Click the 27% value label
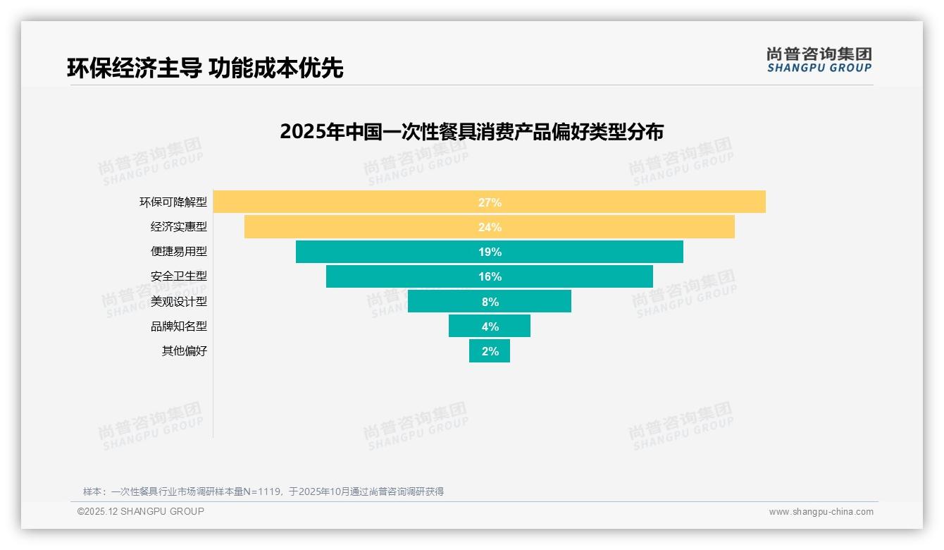490,202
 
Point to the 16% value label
490,276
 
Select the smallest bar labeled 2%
490,351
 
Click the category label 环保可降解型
173,202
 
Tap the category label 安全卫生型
179,276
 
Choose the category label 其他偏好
185,351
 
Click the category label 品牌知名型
179,326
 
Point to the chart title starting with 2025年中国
471,132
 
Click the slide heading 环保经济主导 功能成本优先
205,68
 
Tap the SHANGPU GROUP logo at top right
819,60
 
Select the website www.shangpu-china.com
821,512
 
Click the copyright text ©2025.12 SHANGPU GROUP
141,511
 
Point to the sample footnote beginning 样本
263,491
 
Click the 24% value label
490,227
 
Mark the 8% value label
490,302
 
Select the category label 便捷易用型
179,252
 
